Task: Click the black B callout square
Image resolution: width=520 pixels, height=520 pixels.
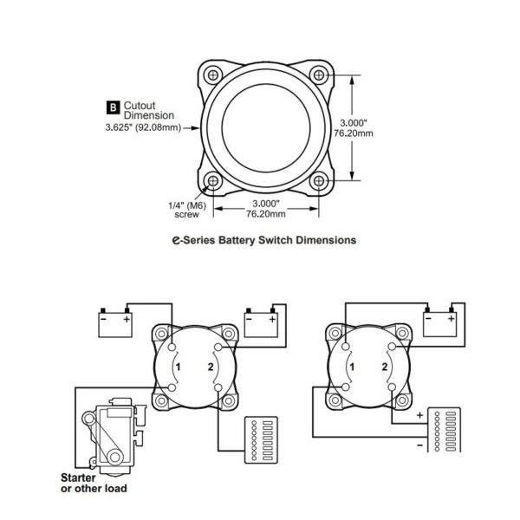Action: pos(111,107)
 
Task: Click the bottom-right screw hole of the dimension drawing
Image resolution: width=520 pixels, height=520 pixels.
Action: pos(320,181)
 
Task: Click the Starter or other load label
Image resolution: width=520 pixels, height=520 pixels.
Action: pos(93,483)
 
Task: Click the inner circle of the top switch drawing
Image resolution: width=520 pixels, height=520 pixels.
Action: pos(267,127)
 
